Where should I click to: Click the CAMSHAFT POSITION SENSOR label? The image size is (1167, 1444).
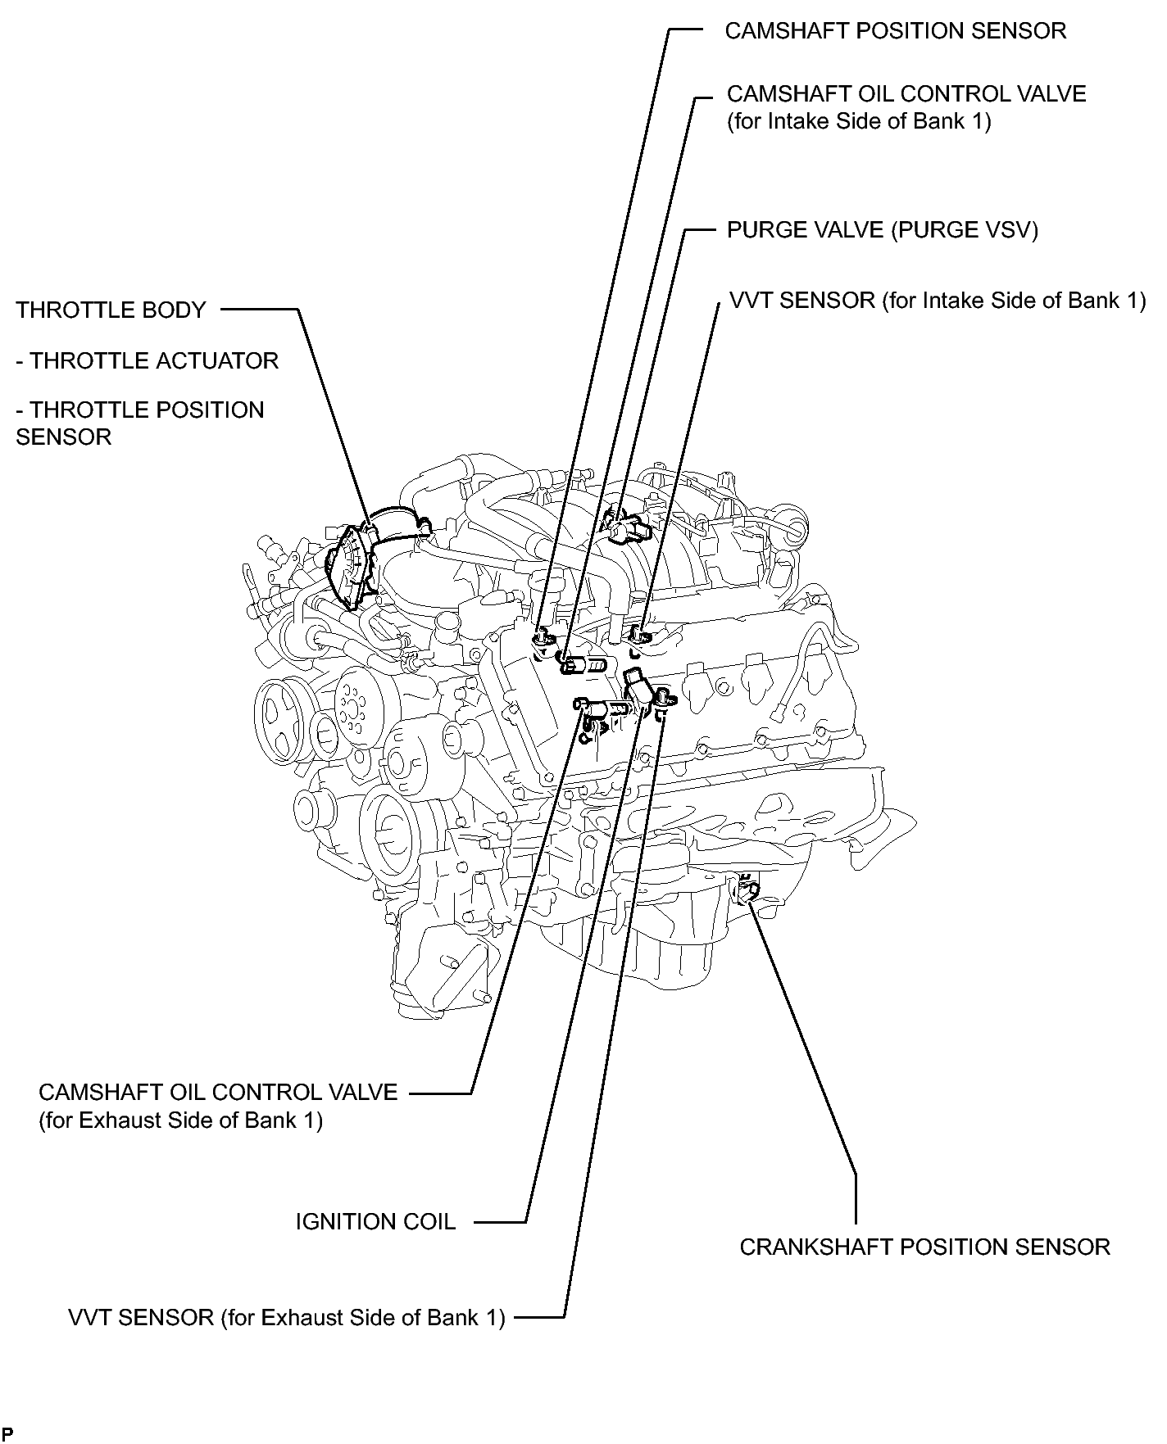pyautogui.click(x=896, y=31)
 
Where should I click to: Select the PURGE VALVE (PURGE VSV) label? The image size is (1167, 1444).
pyautogui.click(x=883, y=230)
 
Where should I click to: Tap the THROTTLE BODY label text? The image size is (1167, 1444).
pyautogui.click(x=111, y=310)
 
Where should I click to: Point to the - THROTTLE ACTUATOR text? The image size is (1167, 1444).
pyautogui.click(x=148, y=361)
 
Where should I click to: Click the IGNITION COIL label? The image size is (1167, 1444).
pyautogui.click(x=375, y=1222)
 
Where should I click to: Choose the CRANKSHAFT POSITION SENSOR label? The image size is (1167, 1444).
pyautogui.click(x=924, y=1247)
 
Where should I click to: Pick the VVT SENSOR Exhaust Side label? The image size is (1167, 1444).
pyautogui.click(x=286, y=1318)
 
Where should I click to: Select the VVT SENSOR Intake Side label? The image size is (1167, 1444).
pyautogui.click(x=938, y=301)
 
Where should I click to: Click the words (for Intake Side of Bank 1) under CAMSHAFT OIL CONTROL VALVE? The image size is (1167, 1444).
pyautogui.click(x=859, y=122)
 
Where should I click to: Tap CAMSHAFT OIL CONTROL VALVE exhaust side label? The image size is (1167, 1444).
pyautogui.click(x=218, y=1093)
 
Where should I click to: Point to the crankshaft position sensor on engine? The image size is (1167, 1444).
pyautogui.click(x=747, y=889)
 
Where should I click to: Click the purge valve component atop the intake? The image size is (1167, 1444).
pyautogui.click(x=625, y=527)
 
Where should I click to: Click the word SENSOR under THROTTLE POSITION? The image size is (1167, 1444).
pyautogui.click(x=63, y=437)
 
